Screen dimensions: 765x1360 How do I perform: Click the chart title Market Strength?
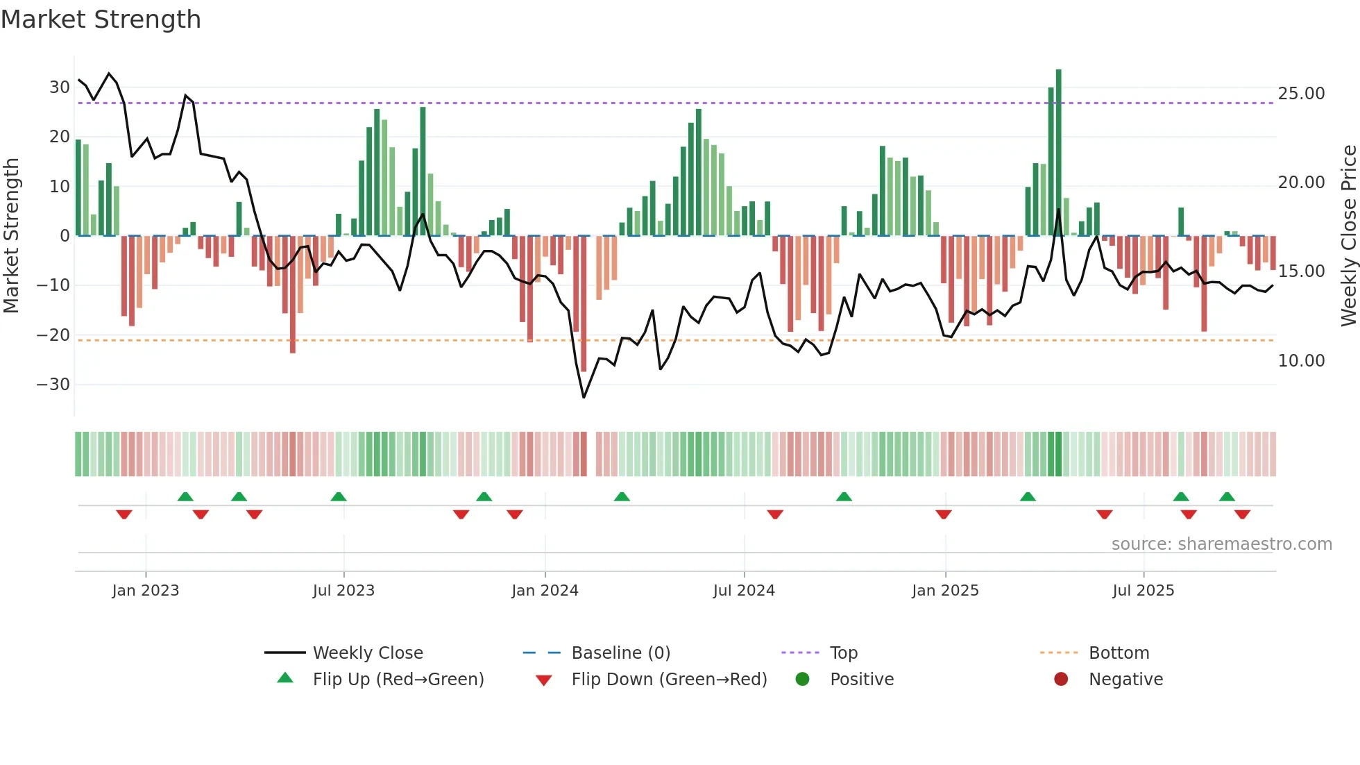(101, 19)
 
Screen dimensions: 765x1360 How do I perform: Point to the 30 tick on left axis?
(59, 87)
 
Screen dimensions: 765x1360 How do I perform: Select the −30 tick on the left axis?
(53, 385)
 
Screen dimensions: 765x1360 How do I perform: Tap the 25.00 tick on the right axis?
(1301, 94)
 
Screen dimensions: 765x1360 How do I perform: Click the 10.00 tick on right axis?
(1301, 361)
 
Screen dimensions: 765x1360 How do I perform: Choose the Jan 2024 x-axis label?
(545, 591)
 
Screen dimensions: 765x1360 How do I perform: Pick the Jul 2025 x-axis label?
(1143, 591)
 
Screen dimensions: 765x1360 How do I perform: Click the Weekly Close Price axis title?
(1348, 236)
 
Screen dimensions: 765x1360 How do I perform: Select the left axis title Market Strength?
(11, 236)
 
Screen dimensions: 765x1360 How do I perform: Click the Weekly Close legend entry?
(368, 653)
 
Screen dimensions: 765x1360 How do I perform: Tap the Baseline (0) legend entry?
(620, 653)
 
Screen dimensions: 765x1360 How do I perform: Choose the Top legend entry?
(843, 653)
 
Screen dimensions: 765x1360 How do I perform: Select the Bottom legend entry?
(1119, 653)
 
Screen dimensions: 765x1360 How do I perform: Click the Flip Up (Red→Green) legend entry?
(398, 680)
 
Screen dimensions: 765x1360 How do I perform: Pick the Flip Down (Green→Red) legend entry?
(669, 680)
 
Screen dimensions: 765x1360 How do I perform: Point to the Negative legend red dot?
(1061, 680)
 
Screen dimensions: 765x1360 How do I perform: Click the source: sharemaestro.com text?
(1221, 544)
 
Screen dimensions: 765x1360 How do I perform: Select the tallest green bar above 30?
(1058, 153)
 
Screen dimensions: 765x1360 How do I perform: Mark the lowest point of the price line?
(584, 397)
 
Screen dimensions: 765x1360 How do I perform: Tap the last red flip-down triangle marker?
(1242, 514)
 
